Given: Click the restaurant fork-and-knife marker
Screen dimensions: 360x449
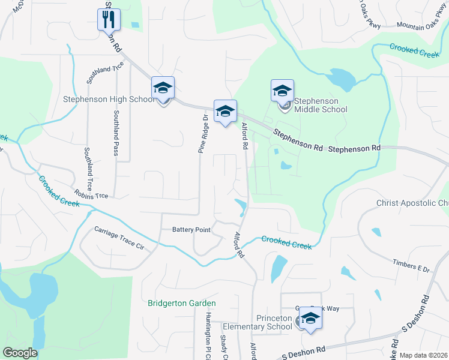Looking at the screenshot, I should (109, 19).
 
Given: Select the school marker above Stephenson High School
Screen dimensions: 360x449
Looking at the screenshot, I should (163, 88).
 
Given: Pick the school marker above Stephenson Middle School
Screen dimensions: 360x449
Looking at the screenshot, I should (282, 91).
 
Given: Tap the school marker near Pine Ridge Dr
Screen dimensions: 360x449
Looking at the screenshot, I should (225, 111).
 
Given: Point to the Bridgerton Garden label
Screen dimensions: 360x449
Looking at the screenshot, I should (182, 304).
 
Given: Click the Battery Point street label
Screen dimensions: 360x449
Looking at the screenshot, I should (191, 229).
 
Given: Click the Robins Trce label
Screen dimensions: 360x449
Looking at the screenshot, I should (91, 194).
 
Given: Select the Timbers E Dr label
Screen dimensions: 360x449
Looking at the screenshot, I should (411, 266).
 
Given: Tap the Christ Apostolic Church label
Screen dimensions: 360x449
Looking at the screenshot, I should (412, 203).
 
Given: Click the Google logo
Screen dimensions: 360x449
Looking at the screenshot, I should (20, 353).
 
